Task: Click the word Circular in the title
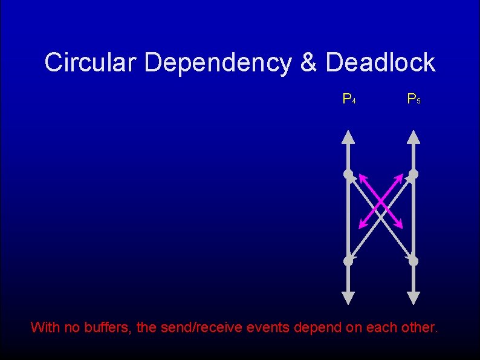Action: [91, 62]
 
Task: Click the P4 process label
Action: [349, 98]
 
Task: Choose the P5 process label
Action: [414, 98]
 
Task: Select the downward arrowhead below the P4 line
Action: [349, 297]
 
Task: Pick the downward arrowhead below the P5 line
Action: [413, 297]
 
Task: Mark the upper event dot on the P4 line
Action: [349, 175]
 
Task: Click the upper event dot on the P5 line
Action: [413, 175]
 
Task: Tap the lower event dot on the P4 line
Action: [349, 261]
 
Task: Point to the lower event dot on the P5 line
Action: [413, 261]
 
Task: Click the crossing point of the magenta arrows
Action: [381, 201]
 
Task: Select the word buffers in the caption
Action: [111, 327]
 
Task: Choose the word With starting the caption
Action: [45, 327]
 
